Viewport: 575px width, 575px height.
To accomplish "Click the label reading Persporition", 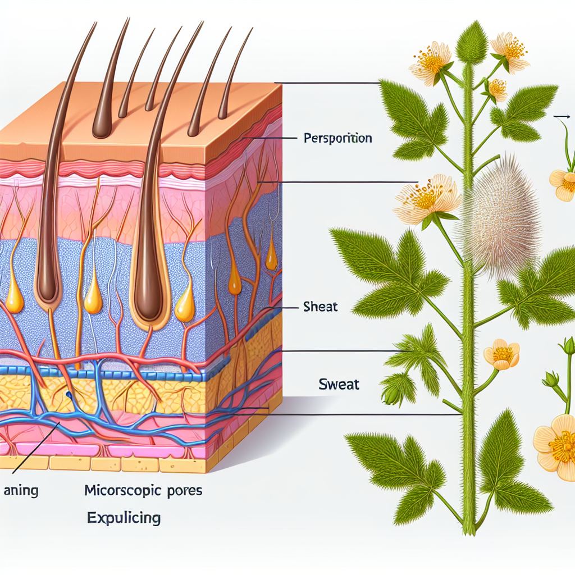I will pyautogui.click(x=337, y=138).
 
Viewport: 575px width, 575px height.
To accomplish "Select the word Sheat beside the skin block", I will pyautogui.click(x=320, y=308).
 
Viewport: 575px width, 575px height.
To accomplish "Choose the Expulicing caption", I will pyautogui.click(x=124, y=517).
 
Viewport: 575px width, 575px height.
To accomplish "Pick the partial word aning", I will pyautogui.click(x=21, y=491).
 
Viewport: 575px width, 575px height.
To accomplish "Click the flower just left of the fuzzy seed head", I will pyautogui.click(x=427, y=197).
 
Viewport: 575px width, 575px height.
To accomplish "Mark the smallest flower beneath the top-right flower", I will pyautogui.click(x=497, y=88).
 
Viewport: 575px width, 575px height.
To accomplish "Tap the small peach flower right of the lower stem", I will pyautogui.click(x=501, y=354).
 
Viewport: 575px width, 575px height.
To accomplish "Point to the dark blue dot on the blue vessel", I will pyautogui.click(x=68, y=395).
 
